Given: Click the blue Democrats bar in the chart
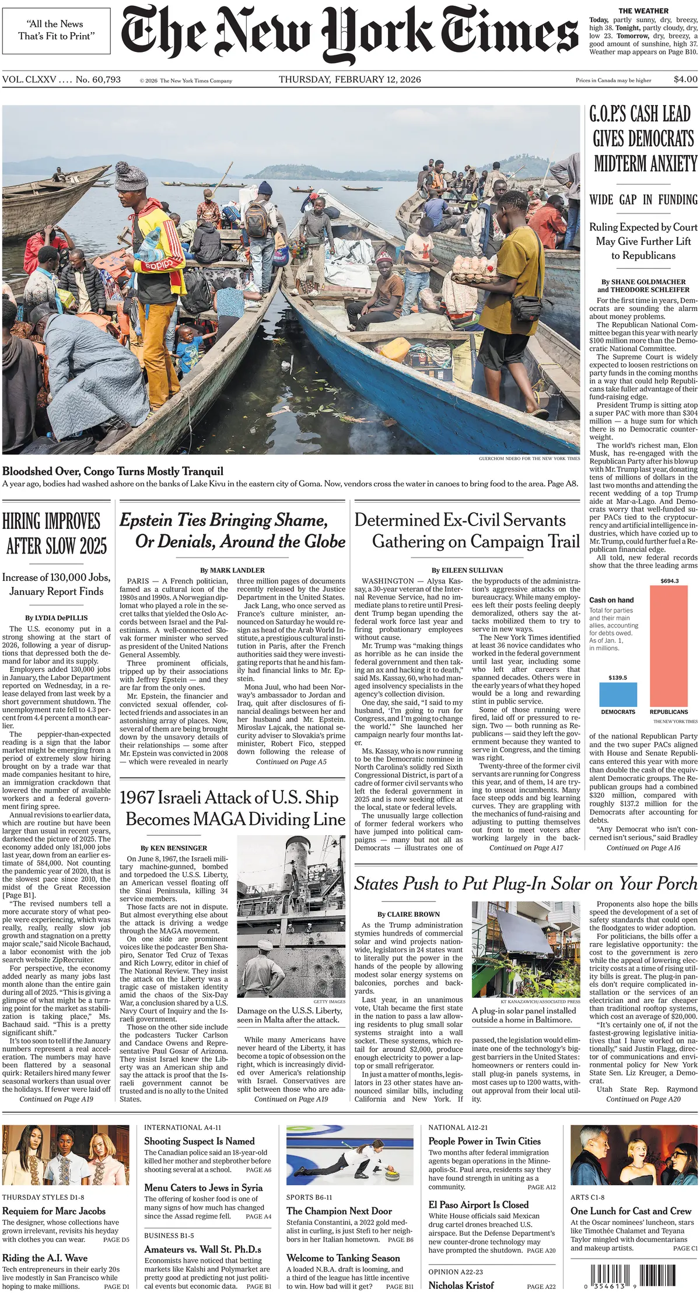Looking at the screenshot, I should (618, 694).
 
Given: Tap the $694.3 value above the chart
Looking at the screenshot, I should (669, 581).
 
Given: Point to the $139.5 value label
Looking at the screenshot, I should (618, 678).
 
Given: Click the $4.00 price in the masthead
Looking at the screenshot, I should (685, 79).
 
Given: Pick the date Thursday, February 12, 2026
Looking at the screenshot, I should (349, 79).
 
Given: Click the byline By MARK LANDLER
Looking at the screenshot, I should (232, 570).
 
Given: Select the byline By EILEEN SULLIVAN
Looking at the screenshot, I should (467, 570).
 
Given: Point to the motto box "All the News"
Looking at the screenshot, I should (56, 30).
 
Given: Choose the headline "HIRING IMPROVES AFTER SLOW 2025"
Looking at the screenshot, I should (56, 533).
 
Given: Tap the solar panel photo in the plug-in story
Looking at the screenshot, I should (526, 950).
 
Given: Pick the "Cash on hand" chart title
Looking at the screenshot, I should (611, 600).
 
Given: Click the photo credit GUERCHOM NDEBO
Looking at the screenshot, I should (529, 458).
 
